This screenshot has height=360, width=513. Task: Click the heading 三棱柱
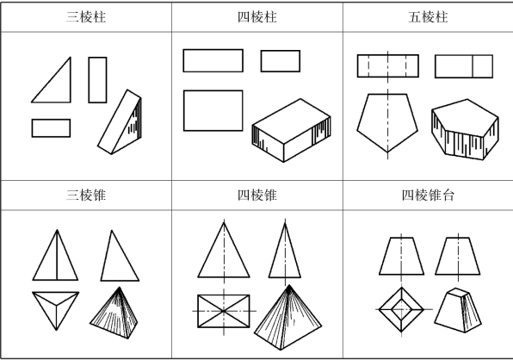pos(86,17)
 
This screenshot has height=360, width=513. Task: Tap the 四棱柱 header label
pos(257,17)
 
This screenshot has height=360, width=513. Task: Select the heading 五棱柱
pos(428,17)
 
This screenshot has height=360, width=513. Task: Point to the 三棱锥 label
pos(86,195)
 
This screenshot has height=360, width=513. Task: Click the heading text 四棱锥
pos(257,195)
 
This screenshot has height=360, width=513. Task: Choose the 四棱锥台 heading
pos(428,195)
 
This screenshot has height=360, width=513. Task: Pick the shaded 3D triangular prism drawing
pos(120,121)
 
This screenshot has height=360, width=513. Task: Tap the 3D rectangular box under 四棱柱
pos(291,130)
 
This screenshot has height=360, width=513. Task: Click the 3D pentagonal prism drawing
pos(465,129)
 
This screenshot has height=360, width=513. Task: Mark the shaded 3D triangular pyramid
pos(114,313)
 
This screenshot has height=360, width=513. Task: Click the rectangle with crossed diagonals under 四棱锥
pos(224,311)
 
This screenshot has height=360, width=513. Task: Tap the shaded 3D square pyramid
pos(287,318)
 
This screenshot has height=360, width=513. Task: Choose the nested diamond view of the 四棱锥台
pos(401,309)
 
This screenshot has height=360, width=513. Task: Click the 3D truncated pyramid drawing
pos(458,310)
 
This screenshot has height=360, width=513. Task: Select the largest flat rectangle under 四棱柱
pos(213,110)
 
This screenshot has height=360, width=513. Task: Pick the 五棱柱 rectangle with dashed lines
pos(387,65)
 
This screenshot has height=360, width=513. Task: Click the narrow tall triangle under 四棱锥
pos(285,250)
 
